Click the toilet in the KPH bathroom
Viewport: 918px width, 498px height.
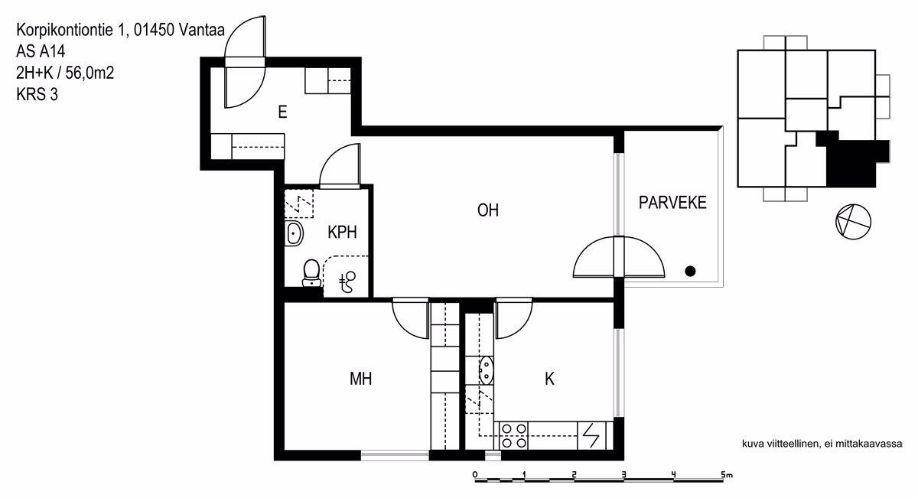311,272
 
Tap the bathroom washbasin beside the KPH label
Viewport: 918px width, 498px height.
294,233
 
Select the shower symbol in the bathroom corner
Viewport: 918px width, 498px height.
347,282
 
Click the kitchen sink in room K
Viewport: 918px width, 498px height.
486,370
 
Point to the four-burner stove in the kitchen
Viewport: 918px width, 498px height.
514,436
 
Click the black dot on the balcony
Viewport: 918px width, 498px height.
690,271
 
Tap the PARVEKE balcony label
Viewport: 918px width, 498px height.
672,203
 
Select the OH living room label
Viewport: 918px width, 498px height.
488,210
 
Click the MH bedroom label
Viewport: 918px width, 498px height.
360,379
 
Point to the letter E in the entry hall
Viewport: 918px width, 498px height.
282,112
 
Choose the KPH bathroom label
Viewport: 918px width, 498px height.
342,233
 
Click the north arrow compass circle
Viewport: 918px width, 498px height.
853,222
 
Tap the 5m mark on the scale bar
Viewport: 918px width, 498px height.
726,475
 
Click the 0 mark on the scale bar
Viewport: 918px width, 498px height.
474,475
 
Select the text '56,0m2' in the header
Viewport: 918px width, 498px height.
90,73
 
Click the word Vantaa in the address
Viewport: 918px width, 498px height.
202,30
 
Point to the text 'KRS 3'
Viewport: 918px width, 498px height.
37,94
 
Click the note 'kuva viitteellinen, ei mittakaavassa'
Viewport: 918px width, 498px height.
822,444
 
